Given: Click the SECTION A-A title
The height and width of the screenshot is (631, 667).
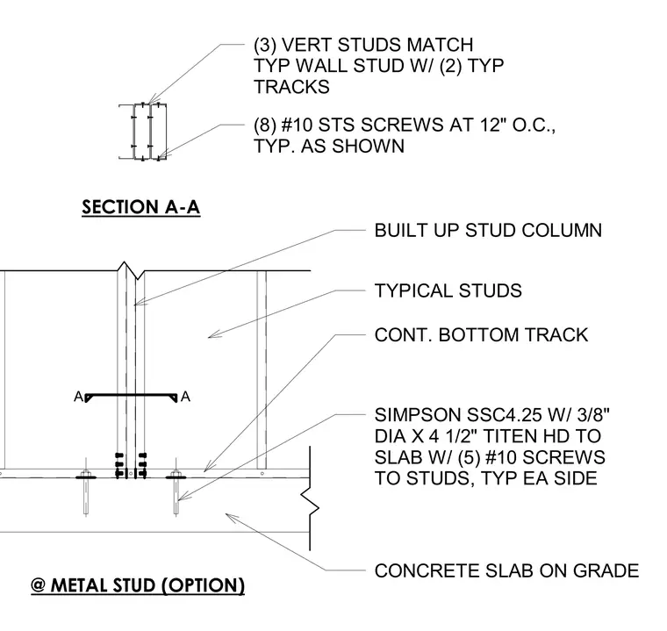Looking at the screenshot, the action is pyautogui.click(x=140, y=207).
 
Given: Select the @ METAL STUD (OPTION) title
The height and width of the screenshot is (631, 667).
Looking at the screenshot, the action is pyautogui.click(x=138, y=585).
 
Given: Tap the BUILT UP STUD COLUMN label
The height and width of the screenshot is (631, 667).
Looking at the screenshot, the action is pyautogui.click(x=488, y=230).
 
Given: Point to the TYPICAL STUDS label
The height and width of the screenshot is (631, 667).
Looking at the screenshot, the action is pyautogui.click(x=448, y=290).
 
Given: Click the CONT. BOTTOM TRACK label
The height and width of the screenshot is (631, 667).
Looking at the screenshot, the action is pyautogui.click(x=481, y=335).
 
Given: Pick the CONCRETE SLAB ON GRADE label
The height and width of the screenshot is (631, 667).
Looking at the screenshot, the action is pyautogui.click(x=506, y=570).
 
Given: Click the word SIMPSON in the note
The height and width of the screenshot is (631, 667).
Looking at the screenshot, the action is pyautogui.click(x=418, y=414).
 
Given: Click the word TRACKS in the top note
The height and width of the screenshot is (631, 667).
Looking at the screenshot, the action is pyautogui.click(x=291, y=87).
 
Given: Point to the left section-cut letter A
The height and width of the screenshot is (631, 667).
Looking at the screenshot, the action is pyautogui.click(x=79, y=397).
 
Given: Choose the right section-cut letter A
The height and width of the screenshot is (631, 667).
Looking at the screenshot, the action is pyautogui.click(x=185, y=397).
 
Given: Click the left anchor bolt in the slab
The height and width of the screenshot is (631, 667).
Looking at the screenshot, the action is pyautogui.click(x=86, y=487).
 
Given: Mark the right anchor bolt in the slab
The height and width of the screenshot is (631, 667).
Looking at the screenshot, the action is pyautogui.click(x=176, y=487).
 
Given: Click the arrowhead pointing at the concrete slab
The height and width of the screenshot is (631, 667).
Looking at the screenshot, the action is pyautogui.click(x=230, y=517).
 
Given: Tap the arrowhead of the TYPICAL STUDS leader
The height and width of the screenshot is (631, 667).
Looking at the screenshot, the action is pyautogui.click(x=213, y=335).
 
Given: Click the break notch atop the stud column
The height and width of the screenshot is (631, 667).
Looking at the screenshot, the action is pyautogui.click(x=132, y=270).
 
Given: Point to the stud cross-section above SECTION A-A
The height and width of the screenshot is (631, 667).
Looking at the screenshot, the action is pyautogui.click(x=142, y=132).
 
